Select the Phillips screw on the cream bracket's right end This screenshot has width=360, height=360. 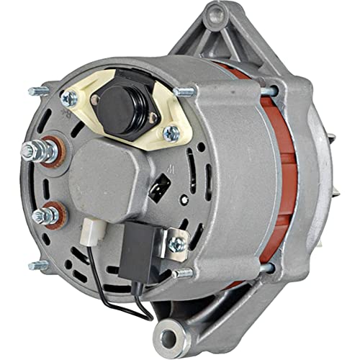[171, 132]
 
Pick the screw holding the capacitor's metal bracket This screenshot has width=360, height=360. [176, 244]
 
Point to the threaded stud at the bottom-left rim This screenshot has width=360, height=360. [38, 265]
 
